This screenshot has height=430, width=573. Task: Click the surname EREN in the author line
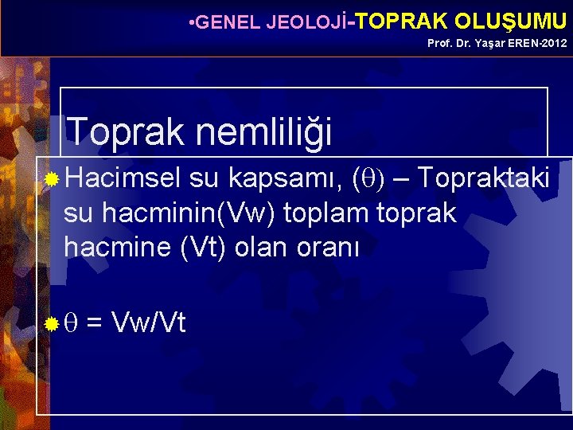517,43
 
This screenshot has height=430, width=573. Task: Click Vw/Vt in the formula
150,322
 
